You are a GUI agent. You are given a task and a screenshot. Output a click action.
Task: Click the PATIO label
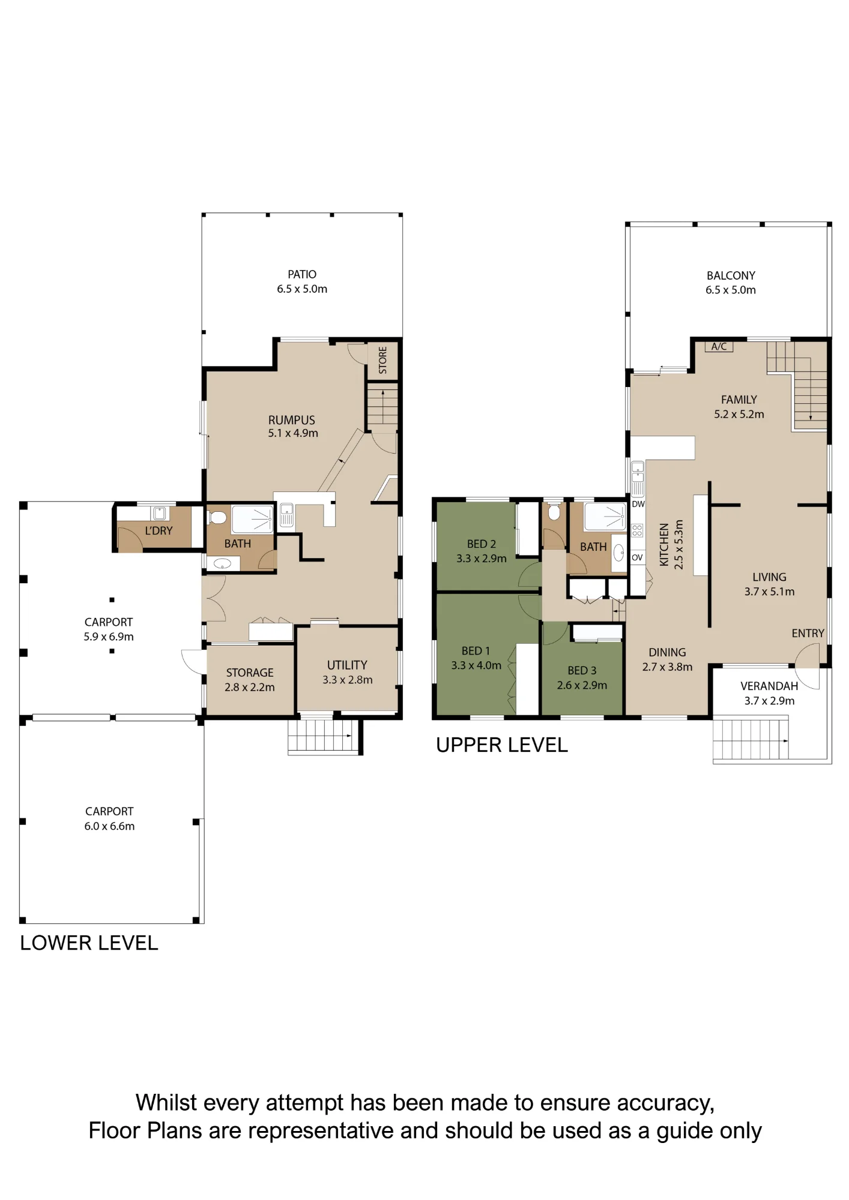tap(302, 274)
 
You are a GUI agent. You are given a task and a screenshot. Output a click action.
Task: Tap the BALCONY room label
tap(731, 275)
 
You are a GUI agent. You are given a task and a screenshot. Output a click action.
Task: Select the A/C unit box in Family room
tap(719, 346)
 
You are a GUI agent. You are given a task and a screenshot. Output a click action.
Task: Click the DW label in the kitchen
tap(638, 504)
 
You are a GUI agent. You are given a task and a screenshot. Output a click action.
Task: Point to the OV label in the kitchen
tap(637, 557)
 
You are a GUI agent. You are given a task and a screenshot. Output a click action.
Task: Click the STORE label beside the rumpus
tap(383, 360)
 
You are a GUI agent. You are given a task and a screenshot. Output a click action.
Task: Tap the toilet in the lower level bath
tap(217, 518)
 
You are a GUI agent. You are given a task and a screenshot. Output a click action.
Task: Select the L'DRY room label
tap(159, 530)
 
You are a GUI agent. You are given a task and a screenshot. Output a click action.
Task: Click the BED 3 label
tap(582, 670)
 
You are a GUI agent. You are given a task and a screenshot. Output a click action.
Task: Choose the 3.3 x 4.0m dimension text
tap(476, 665)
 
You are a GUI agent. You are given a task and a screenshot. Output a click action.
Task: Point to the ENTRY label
tap(808, 633)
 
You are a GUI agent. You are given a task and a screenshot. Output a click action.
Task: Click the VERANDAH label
tap(769, 686)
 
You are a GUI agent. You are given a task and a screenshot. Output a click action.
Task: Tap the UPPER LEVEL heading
tap(502, 745)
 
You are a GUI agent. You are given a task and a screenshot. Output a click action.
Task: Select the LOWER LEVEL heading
tap(89, 943)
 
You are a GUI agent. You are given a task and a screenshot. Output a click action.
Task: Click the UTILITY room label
tap(347, 665)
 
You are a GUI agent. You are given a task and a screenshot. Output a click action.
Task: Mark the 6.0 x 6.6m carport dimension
tap(109, 826)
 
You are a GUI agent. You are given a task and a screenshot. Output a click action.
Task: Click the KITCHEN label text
tap(664, 544)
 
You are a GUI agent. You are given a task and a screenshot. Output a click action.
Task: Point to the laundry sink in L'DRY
tap(159, 513)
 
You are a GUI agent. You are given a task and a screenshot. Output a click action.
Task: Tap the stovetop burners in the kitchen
tap(637, 530)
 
